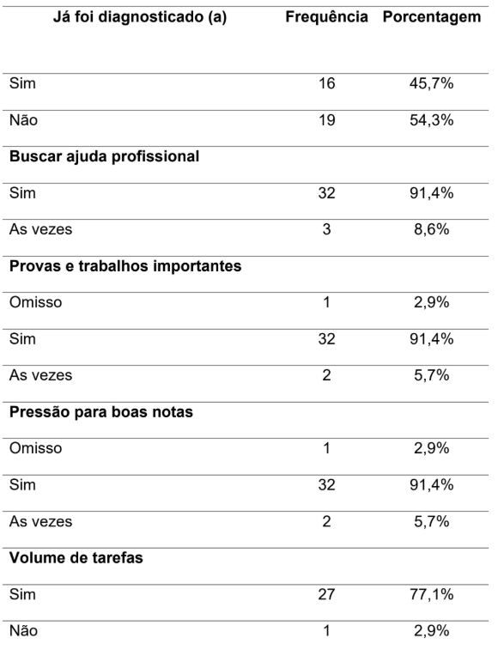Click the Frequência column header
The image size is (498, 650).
tap(327, 17)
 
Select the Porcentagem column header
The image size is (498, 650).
tap(432, 17)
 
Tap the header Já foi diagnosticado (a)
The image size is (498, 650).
tap(140, 17)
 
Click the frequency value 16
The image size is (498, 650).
tap(327, 83)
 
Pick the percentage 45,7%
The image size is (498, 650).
tap(432, 83)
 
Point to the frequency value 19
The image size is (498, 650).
tap(327, 120)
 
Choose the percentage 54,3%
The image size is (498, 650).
tap(432, 120)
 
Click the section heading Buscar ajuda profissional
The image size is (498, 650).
tap(104, 156)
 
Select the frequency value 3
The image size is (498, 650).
tap(327, 229)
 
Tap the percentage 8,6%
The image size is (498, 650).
tap(432, 229)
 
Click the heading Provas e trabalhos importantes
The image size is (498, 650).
tap(125, 266)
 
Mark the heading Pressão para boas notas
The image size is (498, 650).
tap(101, 412)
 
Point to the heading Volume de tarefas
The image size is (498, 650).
tap(76, 558)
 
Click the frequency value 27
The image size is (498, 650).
tap(327, 594)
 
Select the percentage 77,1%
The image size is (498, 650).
tap(432, 594)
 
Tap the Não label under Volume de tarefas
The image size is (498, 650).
tap(24, 631)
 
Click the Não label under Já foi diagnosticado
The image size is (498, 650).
tap(24, 120)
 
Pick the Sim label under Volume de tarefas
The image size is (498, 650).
tap(22, 594)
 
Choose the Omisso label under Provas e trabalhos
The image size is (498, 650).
tap(36, 302)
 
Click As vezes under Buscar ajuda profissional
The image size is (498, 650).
tap(40, 229)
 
